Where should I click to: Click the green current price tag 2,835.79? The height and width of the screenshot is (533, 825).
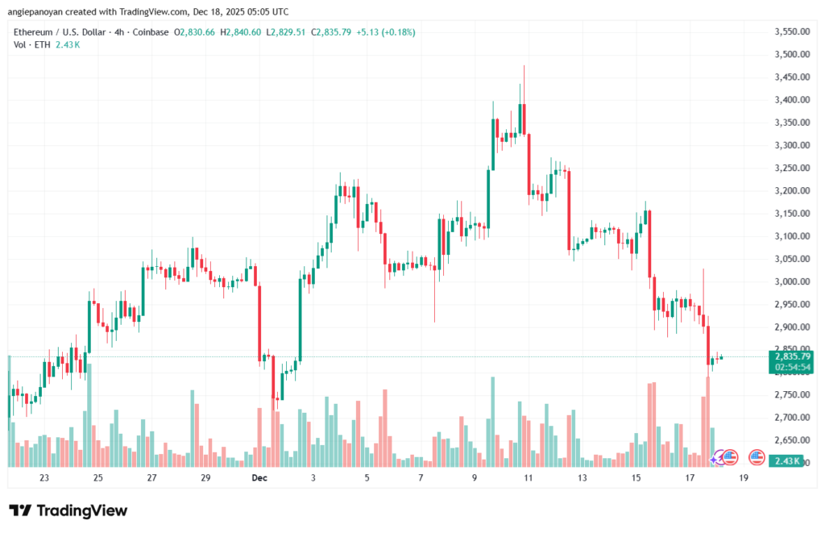790,356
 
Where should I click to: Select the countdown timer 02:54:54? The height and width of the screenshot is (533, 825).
790,367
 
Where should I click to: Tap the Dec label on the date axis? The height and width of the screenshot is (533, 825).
259,478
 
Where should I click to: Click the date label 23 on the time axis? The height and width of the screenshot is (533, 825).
44,478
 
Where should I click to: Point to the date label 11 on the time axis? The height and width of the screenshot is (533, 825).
528,478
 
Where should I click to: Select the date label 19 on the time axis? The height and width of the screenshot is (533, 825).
743,478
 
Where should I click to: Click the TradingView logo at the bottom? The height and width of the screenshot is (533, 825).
68,510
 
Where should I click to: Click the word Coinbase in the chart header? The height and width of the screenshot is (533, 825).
152,32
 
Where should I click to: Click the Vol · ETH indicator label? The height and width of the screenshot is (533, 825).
31,44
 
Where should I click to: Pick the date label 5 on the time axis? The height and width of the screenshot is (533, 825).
367,478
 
